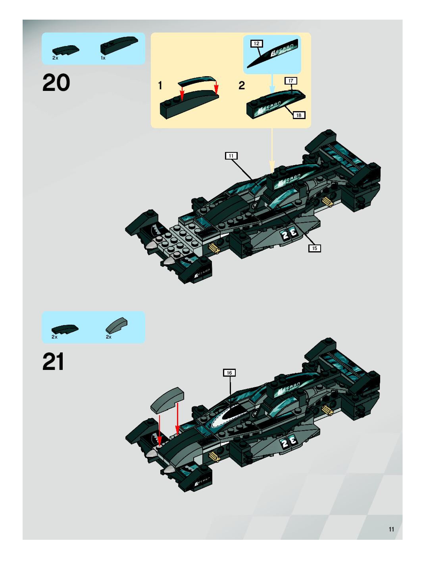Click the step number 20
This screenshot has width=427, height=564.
tap(56, 82)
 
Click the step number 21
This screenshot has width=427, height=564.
tap(53, 361)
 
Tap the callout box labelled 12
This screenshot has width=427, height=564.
tap(256, 44)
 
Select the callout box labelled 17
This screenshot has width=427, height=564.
tap(291, 81)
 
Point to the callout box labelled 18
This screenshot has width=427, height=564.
tap(299, 115)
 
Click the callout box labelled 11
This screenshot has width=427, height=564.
tap(231, 156)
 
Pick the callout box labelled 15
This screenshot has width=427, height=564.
tap(314, 248)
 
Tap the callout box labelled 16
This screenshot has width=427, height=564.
tap(229, 373)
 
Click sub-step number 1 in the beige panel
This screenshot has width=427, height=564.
tap(160, 86)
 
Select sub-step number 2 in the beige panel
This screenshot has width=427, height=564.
tap(241, 86)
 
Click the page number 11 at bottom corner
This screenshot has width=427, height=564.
tap(391, 529)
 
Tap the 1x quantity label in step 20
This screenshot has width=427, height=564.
tap(103, 58)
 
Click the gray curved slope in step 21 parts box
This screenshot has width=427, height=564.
tap(116, 325)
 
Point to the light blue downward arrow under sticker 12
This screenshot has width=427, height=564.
tap(272, 84)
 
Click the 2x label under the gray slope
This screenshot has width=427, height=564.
tap(109, 337)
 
